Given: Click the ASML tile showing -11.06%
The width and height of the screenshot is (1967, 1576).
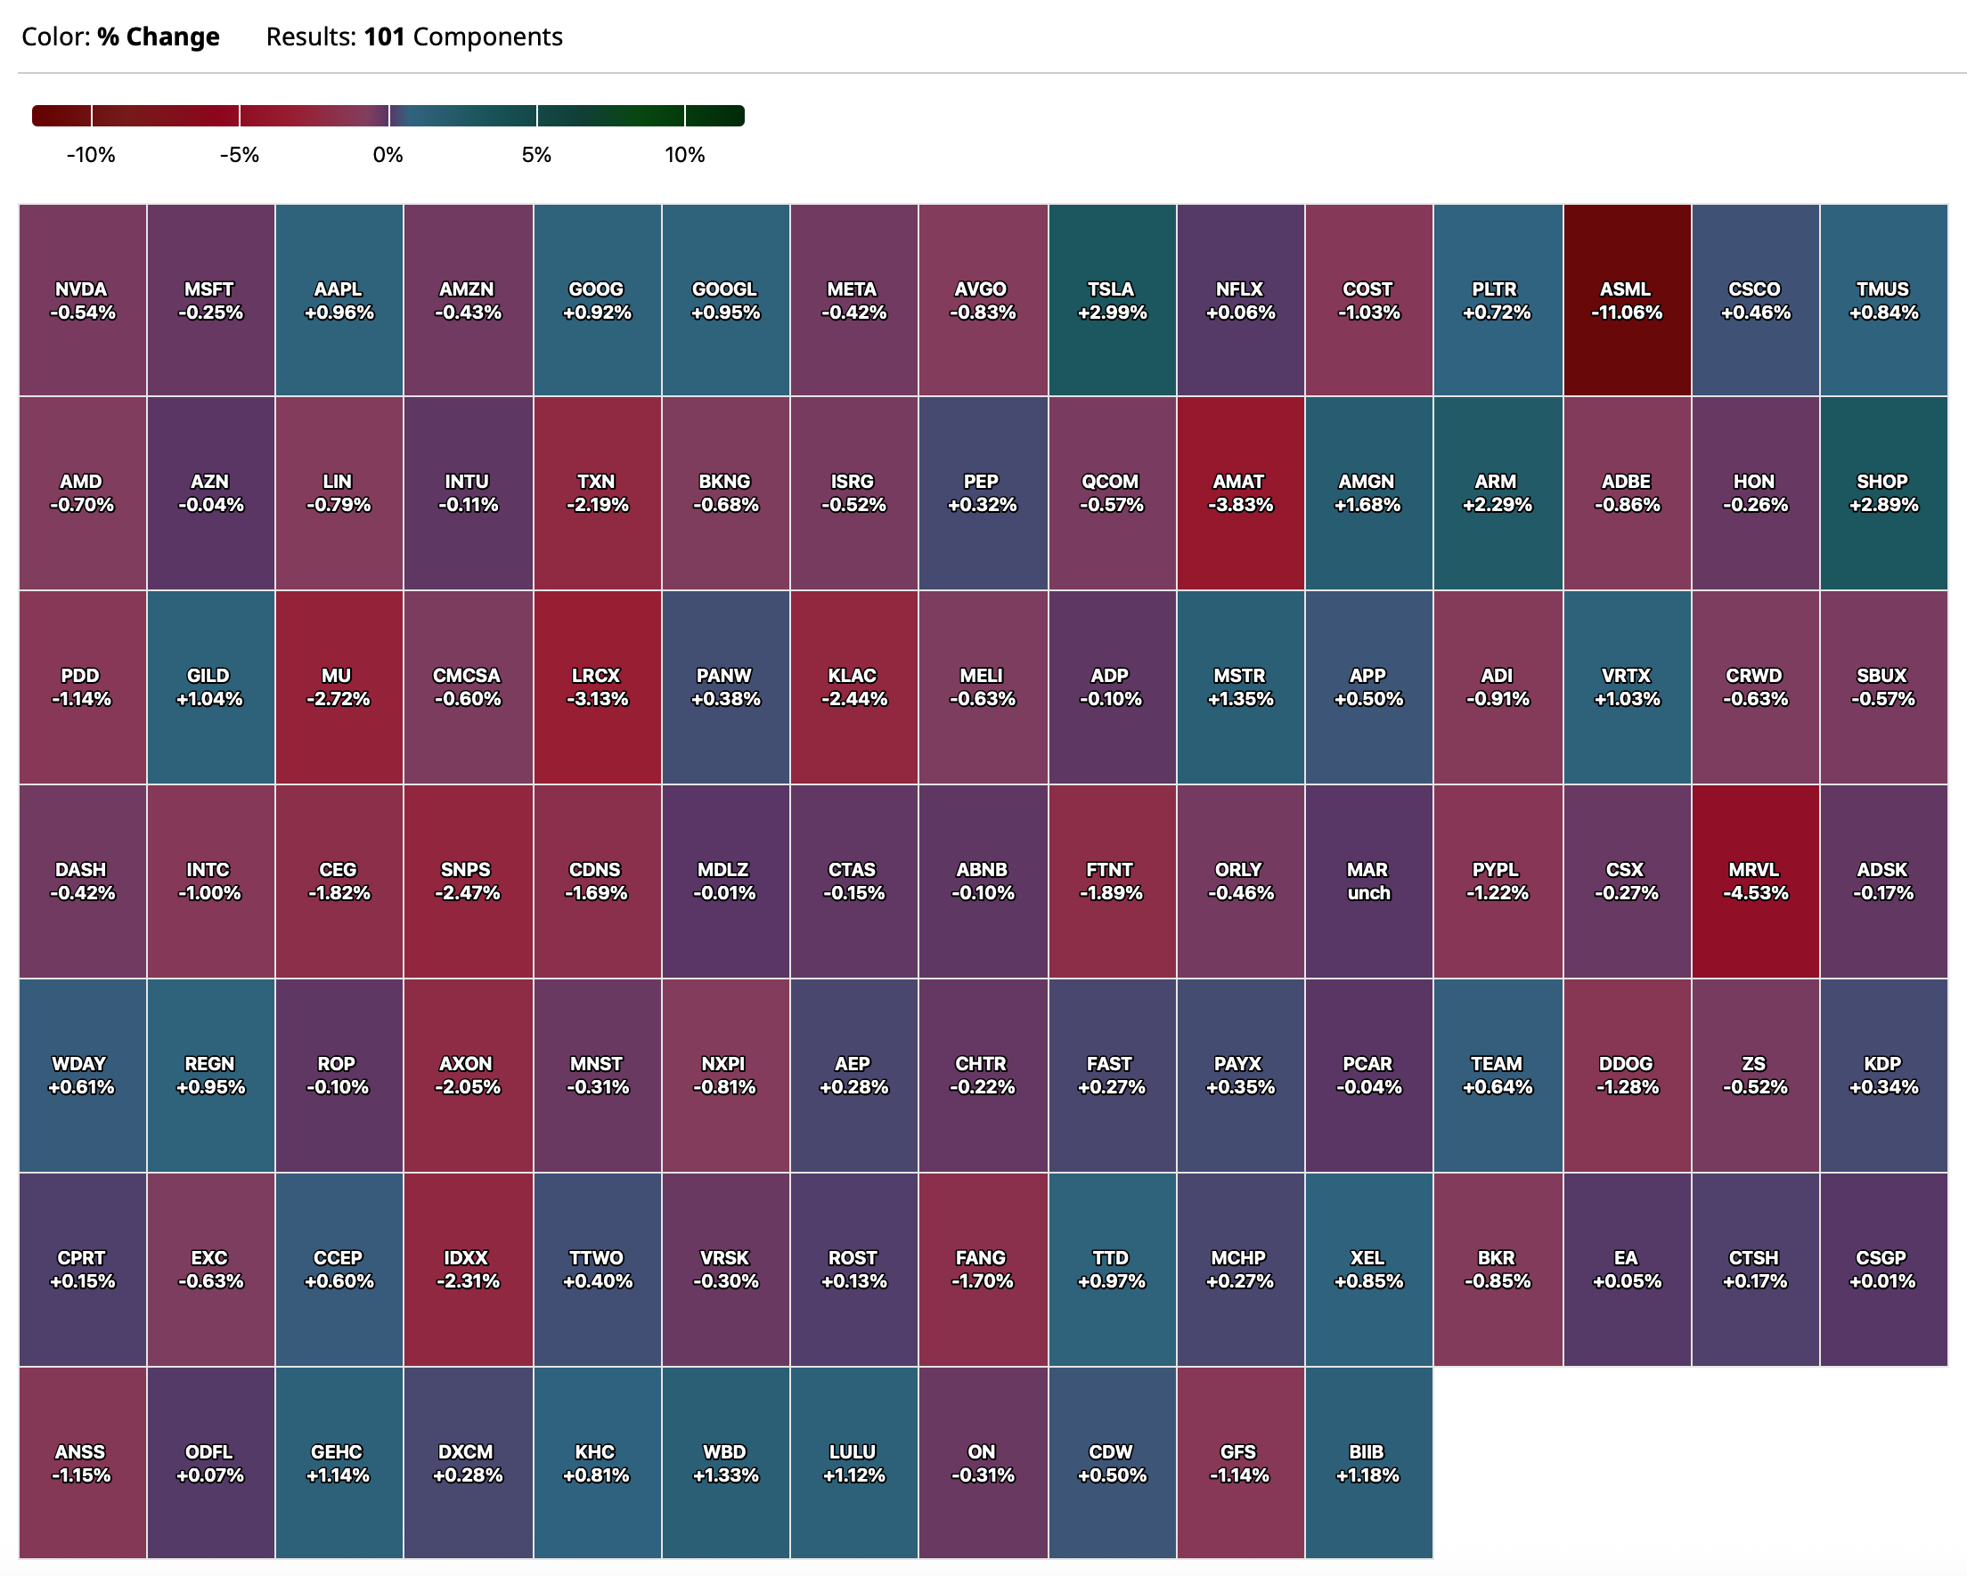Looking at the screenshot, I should pos(1627,300).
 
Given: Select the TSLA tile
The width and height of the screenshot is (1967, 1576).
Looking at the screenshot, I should pos(1111,300).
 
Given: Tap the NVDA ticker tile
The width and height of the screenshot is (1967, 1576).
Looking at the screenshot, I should pos(82,300).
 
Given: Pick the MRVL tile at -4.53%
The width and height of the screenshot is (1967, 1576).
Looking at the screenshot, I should pos(1754,881).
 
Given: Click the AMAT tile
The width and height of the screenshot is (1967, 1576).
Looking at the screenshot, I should pos(1240,492).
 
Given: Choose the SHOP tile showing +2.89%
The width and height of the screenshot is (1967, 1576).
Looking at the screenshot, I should pos(1883,492).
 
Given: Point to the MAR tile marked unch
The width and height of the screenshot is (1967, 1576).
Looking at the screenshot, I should pos(1367,881).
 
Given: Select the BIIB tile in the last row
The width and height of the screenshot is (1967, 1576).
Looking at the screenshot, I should pos(1367,1463).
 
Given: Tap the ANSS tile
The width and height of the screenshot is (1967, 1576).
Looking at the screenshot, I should pos(82,1463).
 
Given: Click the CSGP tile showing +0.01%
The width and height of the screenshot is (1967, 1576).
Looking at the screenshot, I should pos(1883,1269).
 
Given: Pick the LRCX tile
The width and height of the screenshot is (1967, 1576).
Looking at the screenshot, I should pos(597,686).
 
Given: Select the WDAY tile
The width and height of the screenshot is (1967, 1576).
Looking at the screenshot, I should pos(82,1076).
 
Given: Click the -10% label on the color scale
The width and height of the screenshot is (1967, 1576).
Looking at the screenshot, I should pos(90,155).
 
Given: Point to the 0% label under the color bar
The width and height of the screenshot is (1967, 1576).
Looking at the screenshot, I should pos(388,155).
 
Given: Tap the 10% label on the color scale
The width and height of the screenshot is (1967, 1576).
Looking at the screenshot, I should pos(684,155).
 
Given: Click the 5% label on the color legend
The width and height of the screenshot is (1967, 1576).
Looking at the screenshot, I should pos(536,155).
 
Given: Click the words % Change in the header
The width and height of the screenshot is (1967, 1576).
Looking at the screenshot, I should pos(158,37).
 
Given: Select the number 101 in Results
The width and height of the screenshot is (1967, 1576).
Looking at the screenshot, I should pos(384,37).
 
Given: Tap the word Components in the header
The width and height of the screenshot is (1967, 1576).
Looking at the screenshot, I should pos(487,37).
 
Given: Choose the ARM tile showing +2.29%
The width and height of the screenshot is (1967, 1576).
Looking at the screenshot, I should pos(1498,492).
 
